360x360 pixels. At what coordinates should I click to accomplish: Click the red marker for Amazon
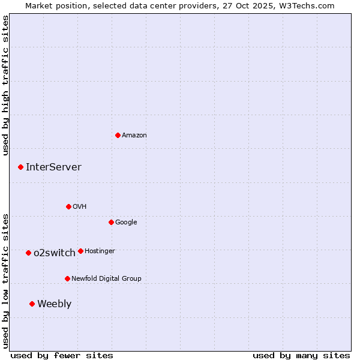pos(118,135)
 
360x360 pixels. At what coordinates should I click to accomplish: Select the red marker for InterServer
pos(20,167)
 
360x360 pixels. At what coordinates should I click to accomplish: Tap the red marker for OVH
pos(68,206)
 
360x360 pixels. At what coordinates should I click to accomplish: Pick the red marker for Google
pos(111,222)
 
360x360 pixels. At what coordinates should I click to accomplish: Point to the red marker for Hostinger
pos(80,251)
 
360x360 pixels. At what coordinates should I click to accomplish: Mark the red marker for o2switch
pos(28,253)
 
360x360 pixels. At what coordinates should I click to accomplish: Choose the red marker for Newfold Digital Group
pos(67,278)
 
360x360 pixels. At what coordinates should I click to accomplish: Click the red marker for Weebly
pos(32,304)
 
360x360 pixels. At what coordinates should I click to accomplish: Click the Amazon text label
pos(134,136)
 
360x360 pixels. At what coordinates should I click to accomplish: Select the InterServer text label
pos(53,167)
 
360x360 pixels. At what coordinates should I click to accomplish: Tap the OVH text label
pos(80,207)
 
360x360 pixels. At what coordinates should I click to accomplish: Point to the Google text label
pos(126,223)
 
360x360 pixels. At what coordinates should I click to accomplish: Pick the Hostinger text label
pos(100,251)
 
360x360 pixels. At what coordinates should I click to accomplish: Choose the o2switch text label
pos(55,253)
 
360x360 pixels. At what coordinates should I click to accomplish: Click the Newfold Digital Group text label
pos(106,279)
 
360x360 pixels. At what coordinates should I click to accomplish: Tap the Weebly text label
pos(54,304)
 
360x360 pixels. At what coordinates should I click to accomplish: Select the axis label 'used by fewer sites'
pos(62,355)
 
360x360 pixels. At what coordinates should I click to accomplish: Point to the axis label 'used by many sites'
pos(301,355)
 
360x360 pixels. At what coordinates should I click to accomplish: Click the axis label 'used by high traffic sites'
pos(6,85)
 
